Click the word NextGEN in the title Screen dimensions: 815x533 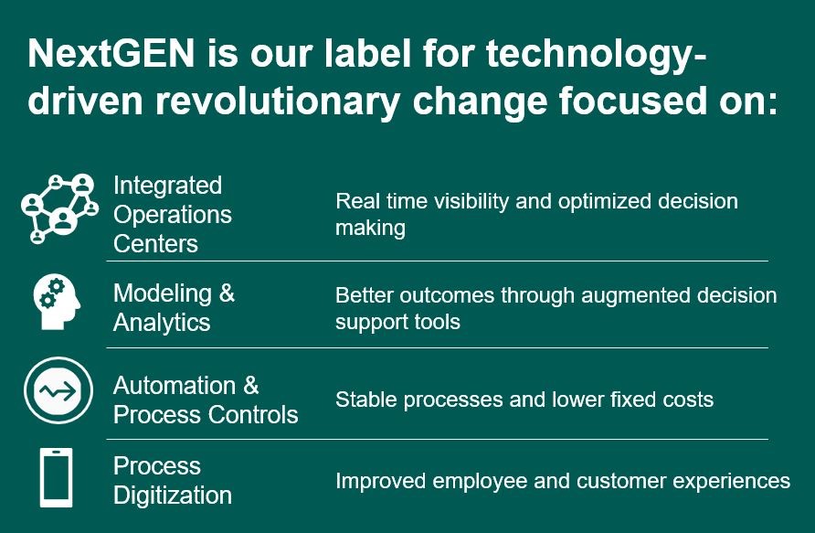coord(111,54)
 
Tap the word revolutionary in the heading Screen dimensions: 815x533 coord(278,102)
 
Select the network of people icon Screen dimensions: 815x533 coord(59,208)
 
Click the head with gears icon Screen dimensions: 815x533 coord(57,302)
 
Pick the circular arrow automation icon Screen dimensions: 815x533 coord(58,390)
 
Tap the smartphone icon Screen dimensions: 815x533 coord(56,477)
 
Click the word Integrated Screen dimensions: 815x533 coord(167,187)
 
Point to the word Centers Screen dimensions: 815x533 coord(155,243)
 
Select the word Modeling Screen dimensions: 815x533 coord(162,294)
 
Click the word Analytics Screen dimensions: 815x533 coord(162,323)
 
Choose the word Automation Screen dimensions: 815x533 coord(175,386)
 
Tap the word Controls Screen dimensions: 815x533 coord(252,414)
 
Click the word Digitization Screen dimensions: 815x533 coord(173,495)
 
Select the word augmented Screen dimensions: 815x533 coord(636,296)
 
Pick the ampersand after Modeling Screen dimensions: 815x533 coord(227,293)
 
